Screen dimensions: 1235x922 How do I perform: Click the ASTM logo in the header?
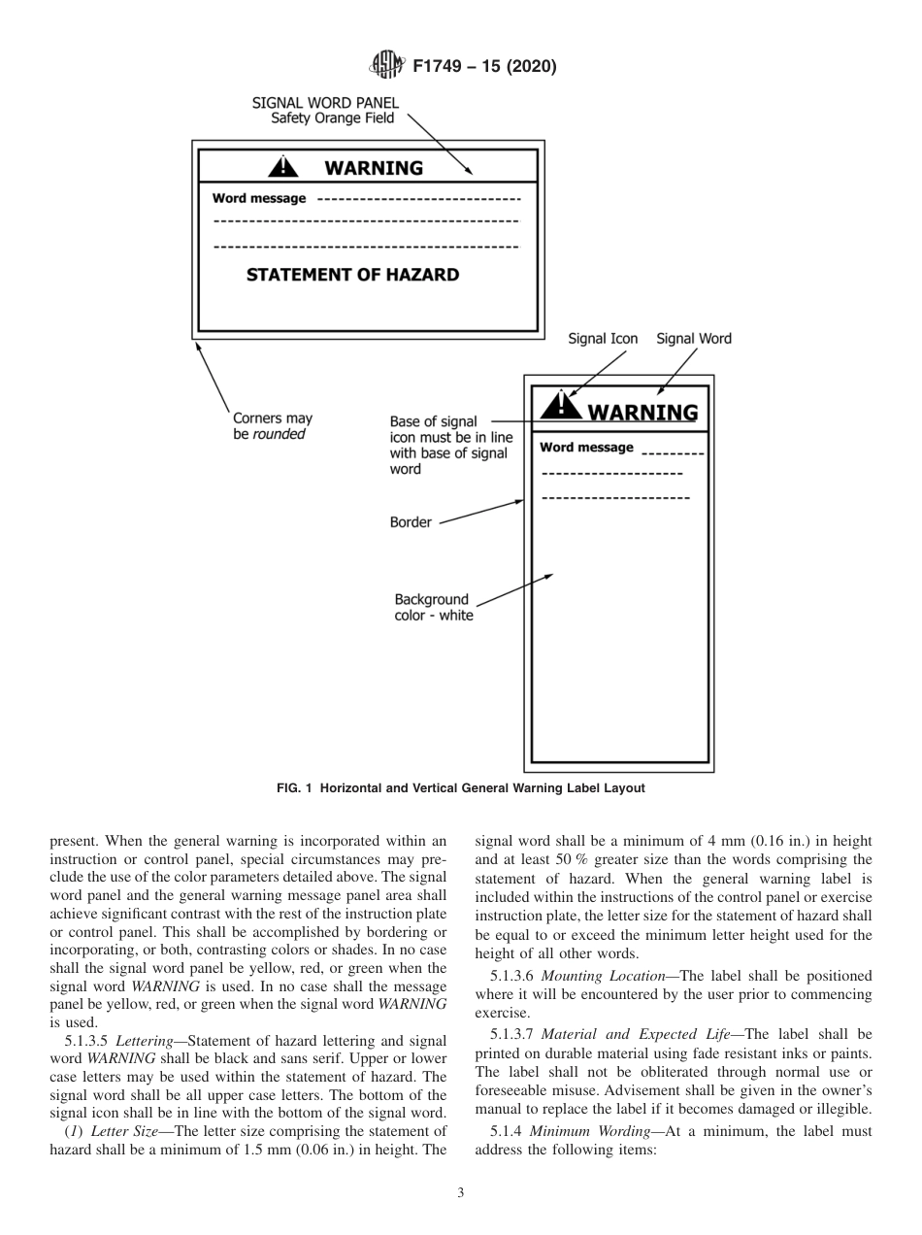387,66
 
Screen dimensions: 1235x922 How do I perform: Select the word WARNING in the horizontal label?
374,168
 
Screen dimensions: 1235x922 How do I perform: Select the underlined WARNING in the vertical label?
642,412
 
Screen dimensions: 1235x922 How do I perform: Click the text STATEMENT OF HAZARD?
352,275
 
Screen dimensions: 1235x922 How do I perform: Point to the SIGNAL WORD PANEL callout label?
325,110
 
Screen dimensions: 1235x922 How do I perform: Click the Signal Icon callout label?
603,339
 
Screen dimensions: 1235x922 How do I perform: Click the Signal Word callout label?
694,339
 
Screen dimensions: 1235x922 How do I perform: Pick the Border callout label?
411,522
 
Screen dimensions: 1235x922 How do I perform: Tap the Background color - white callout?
433,608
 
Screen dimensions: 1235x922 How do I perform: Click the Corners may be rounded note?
273,426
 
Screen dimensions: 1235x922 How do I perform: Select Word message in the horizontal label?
259,199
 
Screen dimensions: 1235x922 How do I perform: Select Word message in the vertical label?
586,448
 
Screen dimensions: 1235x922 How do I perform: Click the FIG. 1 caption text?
460,788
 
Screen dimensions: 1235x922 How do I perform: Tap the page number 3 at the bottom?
461,1193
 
